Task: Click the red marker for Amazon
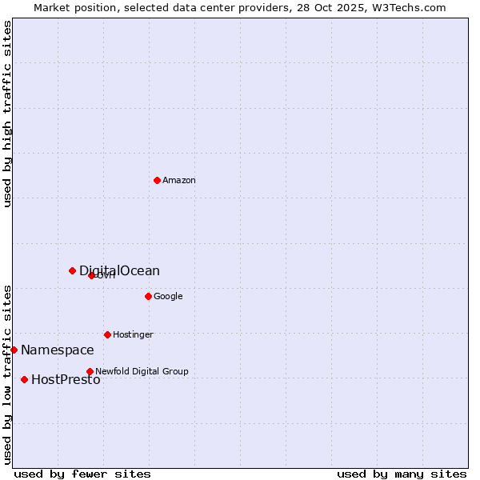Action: click(157, 180)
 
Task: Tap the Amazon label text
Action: click(179, 181)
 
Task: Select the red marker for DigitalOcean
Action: click(72, 270)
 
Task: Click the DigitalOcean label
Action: click(119, 271)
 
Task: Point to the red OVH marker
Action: click(91, 275)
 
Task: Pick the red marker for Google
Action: click(148, 296)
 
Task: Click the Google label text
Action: click(168, 297)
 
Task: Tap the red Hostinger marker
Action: click(107, 334)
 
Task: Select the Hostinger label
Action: click(133, 335)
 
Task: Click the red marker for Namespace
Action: click(14, 350)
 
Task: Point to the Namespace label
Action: click(58, 350)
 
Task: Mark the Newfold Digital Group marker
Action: click(90, 371)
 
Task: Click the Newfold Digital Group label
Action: click(142, 372)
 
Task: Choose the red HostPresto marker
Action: click(24, 379)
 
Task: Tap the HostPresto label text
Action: click(66, 380)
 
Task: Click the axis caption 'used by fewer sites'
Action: click(82, 474)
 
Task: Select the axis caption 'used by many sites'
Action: click(402, 474)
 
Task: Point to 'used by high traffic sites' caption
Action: click(8, 114)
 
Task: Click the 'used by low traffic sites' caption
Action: click(8, 374)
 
